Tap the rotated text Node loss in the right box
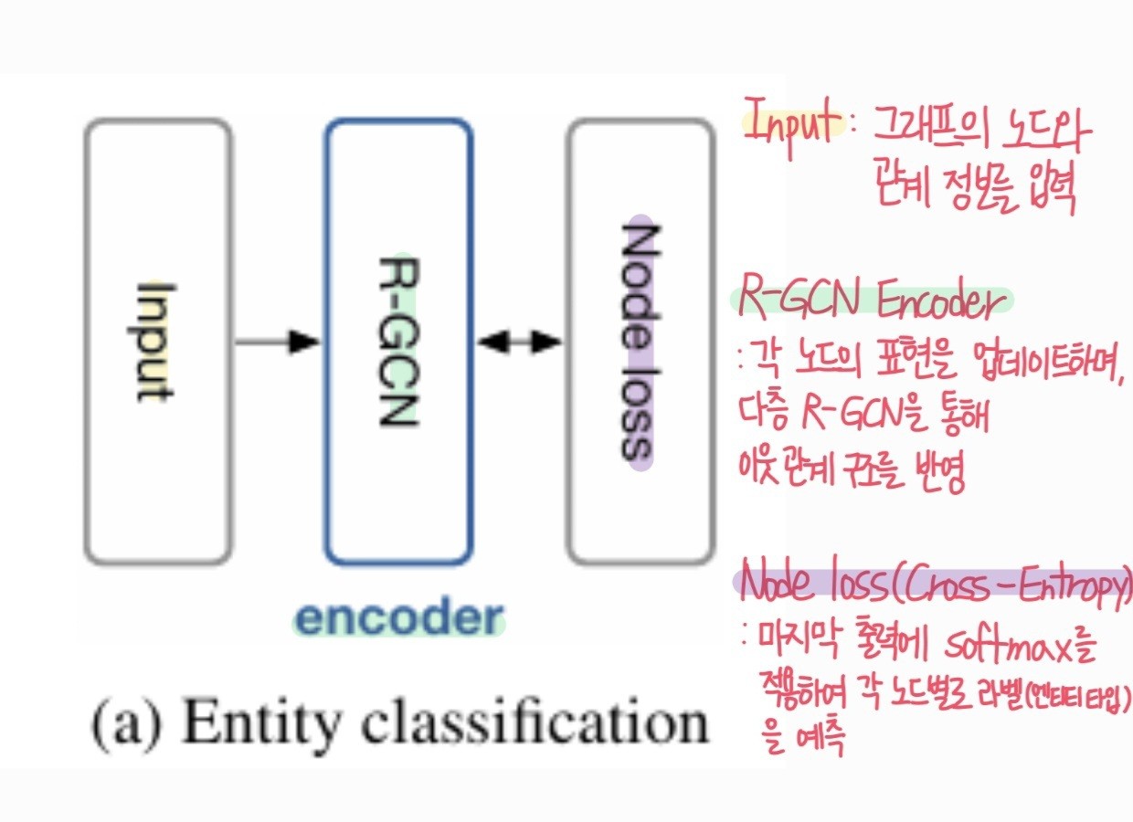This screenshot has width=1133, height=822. [639, 342]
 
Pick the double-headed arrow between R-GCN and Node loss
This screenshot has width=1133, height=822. [519, 342]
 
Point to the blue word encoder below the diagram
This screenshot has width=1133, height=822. [398, 620]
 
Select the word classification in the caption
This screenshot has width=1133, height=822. [522, 724]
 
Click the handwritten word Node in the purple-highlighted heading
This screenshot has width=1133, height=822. [777, 585]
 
